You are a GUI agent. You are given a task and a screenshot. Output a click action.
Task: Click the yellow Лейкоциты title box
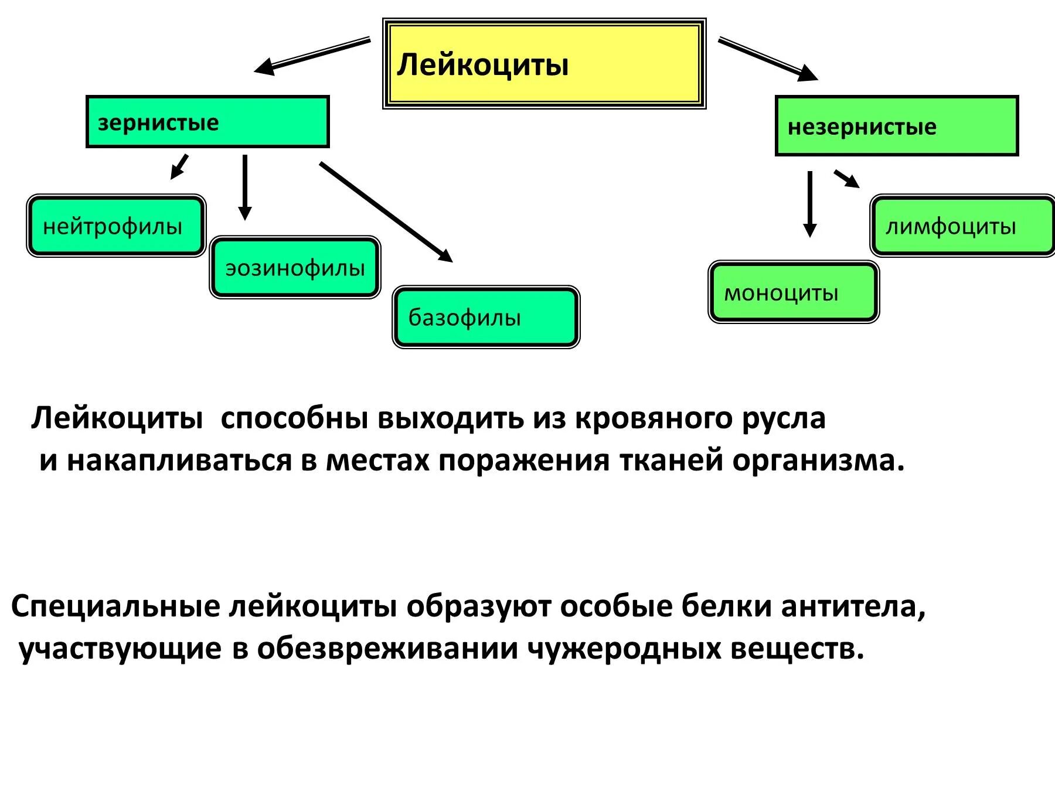544,63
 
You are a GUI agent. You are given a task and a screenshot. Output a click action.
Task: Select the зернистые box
207,122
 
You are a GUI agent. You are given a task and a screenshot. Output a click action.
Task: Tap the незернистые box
897,126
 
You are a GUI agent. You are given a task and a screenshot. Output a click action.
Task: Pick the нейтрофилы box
116,226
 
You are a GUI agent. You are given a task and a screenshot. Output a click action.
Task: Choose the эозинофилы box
295,268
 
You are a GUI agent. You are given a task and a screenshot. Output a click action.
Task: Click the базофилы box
486,317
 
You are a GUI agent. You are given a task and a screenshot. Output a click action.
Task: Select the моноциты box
794,292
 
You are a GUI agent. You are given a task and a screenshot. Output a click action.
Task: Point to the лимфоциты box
962,226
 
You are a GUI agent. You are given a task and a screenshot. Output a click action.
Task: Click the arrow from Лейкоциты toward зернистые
312,56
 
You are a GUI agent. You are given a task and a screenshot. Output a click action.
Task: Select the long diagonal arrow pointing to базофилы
386,212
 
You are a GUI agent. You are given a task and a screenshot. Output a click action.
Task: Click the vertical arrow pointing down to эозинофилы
245,186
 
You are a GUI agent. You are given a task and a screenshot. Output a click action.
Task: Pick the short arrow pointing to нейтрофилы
179,166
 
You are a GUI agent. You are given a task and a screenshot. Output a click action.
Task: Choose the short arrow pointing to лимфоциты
846,179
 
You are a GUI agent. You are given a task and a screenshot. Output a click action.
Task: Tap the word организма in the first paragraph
818,461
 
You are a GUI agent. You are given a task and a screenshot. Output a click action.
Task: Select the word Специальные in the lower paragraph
115,606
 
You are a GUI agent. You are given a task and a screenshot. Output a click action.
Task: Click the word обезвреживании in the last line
387,649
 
